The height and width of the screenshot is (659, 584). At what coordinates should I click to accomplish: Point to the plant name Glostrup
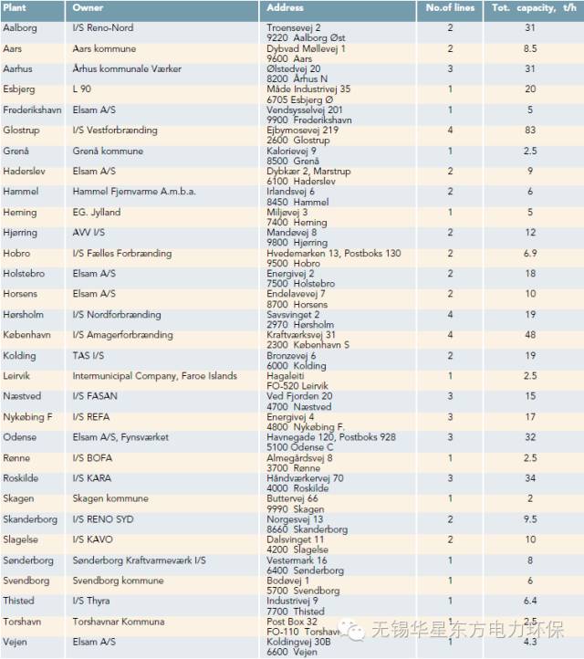pos(22,131)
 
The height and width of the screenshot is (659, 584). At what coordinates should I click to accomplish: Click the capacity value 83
pos(530,131)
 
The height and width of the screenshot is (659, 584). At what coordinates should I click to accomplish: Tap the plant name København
pos(28,335)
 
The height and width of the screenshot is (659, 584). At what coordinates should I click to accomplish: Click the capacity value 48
pos(530,335)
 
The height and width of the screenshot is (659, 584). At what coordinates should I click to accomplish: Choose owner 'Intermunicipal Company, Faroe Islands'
pos(154,376)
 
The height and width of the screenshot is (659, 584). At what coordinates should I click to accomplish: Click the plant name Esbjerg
pos(20,89)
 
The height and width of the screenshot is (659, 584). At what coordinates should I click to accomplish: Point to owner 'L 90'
pos(82,89)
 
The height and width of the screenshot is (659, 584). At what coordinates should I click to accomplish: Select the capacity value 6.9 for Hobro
pos(530,253)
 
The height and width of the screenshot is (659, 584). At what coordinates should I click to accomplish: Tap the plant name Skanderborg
pos(30,519)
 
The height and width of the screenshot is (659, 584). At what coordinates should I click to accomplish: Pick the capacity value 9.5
pos(530,519)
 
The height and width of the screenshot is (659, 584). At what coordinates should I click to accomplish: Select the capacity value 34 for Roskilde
pos(530,478)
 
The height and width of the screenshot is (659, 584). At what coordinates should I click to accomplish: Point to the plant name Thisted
pos(19,601)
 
